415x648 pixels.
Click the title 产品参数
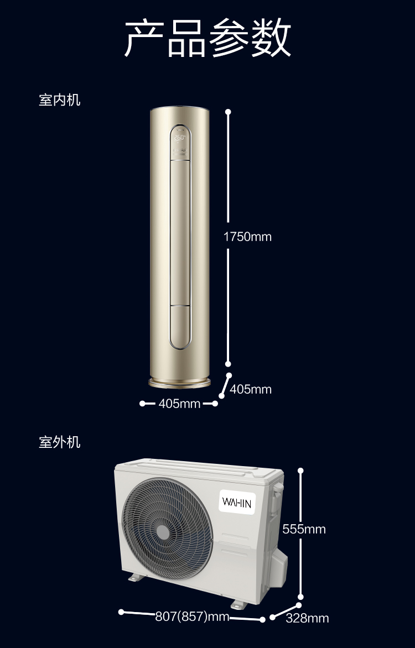207,38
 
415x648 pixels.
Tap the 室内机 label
60,100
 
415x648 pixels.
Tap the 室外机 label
60,442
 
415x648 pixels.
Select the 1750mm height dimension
247,237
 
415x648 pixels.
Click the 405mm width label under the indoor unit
180,404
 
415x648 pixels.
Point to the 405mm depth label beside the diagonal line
251,389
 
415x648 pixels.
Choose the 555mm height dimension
304,529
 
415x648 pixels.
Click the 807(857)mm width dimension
193,617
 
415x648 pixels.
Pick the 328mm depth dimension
308,618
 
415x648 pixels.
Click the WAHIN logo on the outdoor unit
237,503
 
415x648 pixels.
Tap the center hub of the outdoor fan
163,532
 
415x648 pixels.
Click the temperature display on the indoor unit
180,137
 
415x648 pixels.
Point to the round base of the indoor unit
180,383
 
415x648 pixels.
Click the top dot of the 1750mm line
228,112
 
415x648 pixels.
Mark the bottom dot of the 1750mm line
228,364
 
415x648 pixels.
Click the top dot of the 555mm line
301,471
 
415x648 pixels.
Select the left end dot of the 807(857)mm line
121,612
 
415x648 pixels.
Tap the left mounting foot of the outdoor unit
136,577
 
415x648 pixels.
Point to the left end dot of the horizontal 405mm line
142,404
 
